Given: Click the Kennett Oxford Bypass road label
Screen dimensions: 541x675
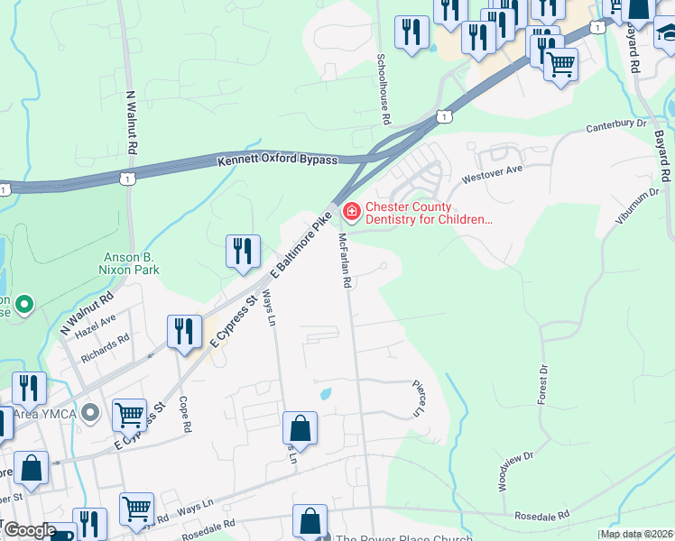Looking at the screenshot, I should [x=277, y=160].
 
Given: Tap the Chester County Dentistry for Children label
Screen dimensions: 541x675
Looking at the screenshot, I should [x=417, y=213].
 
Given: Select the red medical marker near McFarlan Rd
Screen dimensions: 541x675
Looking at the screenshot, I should [x=350, y=213].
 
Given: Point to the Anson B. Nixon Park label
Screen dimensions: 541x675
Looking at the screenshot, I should [x=131, y=262].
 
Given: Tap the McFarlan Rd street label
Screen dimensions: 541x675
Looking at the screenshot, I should [x=344, y=261].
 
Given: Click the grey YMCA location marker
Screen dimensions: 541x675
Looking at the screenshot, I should [x=89, y=413].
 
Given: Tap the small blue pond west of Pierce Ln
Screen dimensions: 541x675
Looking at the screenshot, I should [x=326, y=393].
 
